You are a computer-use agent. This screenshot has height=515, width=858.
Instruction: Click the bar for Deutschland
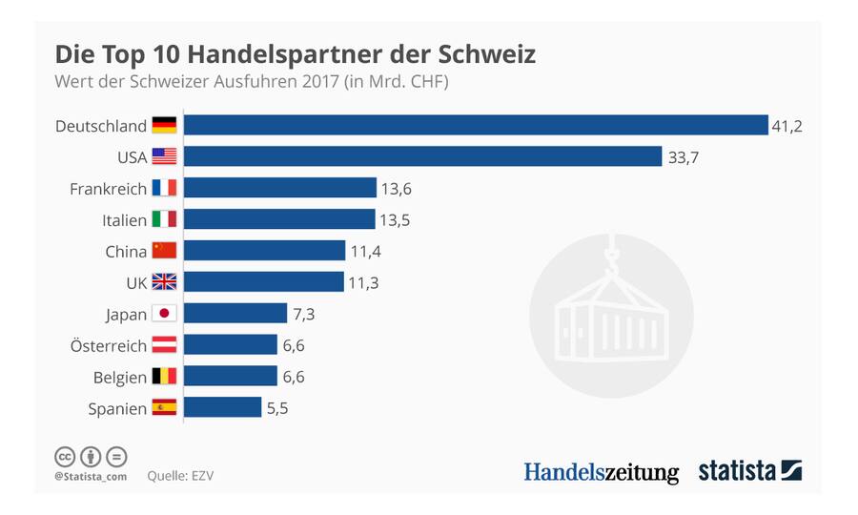(475, 125)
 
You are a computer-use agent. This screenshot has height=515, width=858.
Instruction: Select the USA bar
(422, 156)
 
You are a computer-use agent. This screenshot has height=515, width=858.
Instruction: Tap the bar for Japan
(235, 313)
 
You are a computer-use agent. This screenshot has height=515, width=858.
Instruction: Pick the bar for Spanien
(222, 407)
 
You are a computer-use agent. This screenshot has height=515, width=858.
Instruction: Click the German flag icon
(164, 125)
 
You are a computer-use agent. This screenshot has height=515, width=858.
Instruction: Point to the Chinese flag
(164, 251)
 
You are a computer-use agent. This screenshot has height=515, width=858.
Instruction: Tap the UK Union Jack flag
(164, 282)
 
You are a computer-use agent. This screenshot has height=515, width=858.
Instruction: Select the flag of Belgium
(164, 376)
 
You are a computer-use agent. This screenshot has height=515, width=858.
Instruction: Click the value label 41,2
(786, 126)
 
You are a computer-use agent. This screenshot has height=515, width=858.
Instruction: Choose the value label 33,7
(683, 157)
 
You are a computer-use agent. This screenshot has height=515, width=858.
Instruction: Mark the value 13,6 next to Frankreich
(396, 189)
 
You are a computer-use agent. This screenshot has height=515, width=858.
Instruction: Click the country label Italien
(124, 220)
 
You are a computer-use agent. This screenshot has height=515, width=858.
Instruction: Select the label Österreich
(108, 345)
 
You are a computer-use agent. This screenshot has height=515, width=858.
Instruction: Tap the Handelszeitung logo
(601, 471)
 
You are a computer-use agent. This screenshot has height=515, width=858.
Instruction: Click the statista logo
(749, 470)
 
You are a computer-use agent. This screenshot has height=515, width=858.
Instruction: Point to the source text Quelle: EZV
(181, 474)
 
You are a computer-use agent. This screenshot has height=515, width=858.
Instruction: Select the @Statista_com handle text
(91, 474)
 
